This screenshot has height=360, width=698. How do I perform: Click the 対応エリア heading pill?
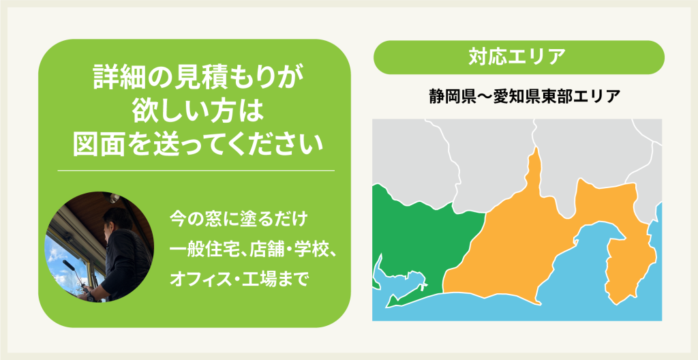click(x=519, y=57)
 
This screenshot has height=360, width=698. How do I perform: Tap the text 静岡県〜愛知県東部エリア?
click(x=518, y=97)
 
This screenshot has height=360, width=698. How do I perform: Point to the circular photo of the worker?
click(x=100, y=247)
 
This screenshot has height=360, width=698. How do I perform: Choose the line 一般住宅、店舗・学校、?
click(x=252, y=250)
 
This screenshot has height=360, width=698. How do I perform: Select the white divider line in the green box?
click(x=196, y=170)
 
